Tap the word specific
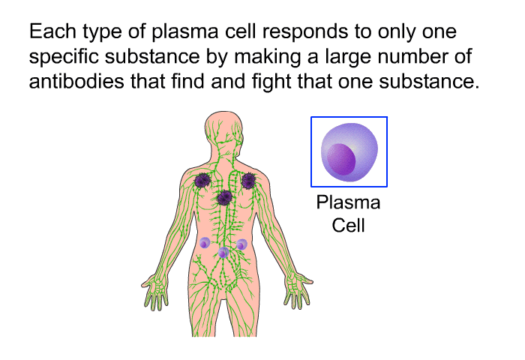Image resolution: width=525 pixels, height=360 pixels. coord(64,57)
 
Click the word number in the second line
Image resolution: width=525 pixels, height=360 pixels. coord(413,56)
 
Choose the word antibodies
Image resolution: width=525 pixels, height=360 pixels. coord(76,82)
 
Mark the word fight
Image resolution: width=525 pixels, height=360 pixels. coord(271,82)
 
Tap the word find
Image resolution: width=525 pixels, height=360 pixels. coord(187,82)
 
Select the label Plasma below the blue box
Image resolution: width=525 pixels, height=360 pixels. coord(348,202)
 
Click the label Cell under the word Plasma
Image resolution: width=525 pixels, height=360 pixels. coord(348,225)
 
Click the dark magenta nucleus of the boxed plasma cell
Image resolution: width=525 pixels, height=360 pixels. coord(340,159)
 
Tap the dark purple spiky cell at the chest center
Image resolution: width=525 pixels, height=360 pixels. coord(225,197)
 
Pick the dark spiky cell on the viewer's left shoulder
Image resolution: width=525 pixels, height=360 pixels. coord(202,181)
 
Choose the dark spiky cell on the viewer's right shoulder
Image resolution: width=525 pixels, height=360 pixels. coord(249,181)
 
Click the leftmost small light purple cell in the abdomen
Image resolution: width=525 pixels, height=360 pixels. coord(205,243)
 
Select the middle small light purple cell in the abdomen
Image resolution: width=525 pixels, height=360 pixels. coord(223,253)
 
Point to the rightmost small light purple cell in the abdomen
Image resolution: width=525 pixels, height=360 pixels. coord(241,244)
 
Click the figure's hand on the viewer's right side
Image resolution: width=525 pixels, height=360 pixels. coord(298,290)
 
